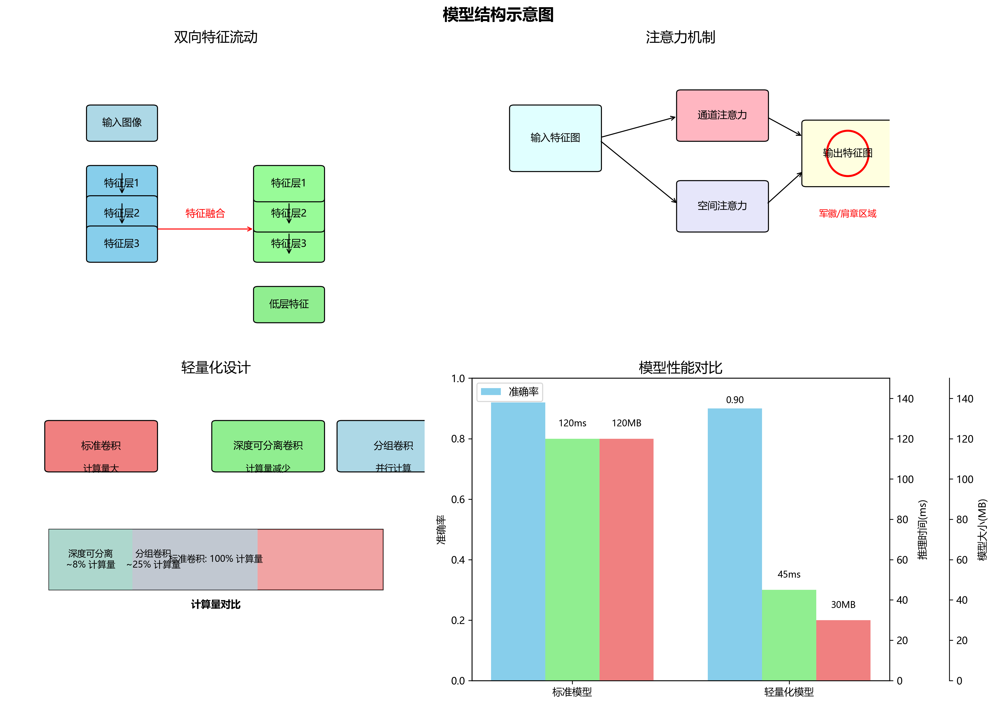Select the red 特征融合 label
pos(205,213)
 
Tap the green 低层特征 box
pos(289,304)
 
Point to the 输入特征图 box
pos(555,138)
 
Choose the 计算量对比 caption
pos(216,604)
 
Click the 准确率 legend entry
pos(523,391)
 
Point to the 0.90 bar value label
pos(734,400)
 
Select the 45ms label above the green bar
pos(789,574)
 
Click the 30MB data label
pos(843,605)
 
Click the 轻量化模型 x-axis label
pos(789,692)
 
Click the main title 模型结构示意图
pos(498,15)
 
